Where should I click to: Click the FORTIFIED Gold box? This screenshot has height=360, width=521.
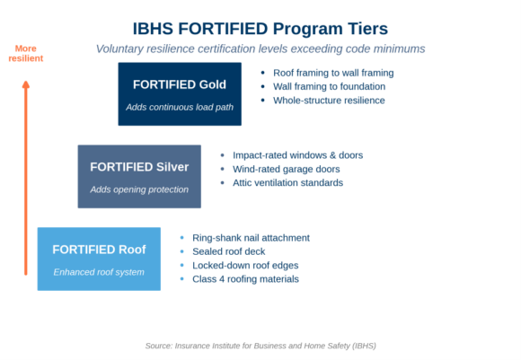(x=180, y=94)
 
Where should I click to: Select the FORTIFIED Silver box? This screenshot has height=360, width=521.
(x=139, y=176)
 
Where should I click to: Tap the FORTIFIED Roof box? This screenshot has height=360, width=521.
(x=99, y=259)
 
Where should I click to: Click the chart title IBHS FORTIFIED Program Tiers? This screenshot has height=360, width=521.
(x=260, y=29)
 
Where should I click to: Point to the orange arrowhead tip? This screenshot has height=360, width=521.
(x=26, y=81)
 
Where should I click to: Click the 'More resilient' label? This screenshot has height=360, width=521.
(x=26, y=54)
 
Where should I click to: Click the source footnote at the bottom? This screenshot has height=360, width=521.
(x=260, y=346)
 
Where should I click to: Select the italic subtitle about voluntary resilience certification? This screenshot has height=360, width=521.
(x=260, y=48)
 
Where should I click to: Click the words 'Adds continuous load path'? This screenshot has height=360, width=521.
(x=180, y=107)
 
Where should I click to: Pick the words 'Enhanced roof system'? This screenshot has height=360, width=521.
(x=99, y=272)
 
